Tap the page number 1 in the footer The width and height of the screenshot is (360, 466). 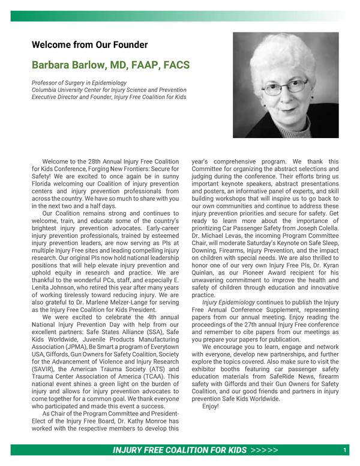345,450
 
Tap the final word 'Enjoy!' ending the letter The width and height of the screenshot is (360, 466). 211,406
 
